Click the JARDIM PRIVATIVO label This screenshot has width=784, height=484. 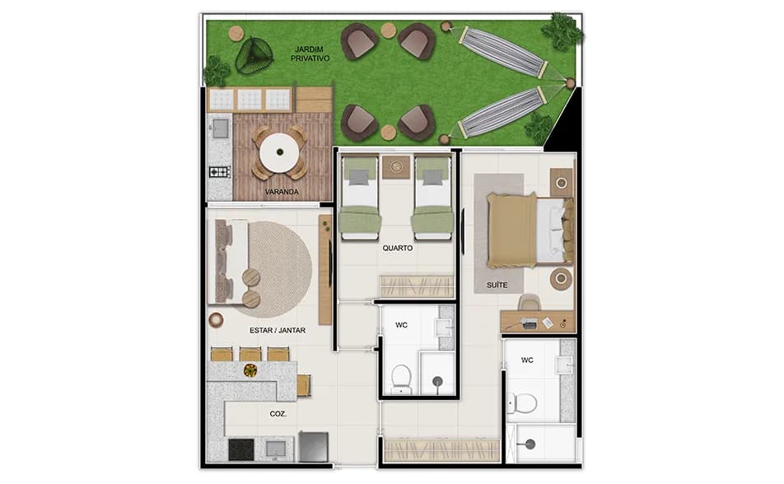pyautogui.click(x=311, y=54)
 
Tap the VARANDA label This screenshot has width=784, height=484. pyautogui.click(x=281, y=193)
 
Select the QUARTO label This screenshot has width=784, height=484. pyautogui.click(x=397, y=247)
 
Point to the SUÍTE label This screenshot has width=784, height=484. pyautogui.click(x=496, y=285)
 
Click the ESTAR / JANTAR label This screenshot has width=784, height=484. pyautogui.click(x=277, y=330)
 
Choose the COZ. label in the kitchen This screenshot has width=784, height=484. pyautogui.click(x=278, y=414)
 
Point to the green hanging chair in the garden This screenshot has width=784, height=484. pyautogui.click(x=253, y=56)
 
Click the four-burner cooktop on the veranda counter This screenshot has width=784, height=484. pyautogui.click(x=219, y=172)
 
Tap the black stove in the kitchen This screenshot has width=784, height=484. pyautogui.click(x=240, y=449)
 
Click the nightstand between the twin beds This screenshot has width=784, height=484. pyautogui.click(x=397, y=167)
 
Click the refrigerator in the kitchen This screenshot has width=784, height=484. pyautogui.click(x=314, y=447)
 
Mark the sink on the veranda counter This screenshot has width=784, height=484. pyautogui.click(x=220, y=128)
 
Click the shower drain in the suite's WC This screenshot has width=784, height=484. pyautogui.click(x=530, y=444)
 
